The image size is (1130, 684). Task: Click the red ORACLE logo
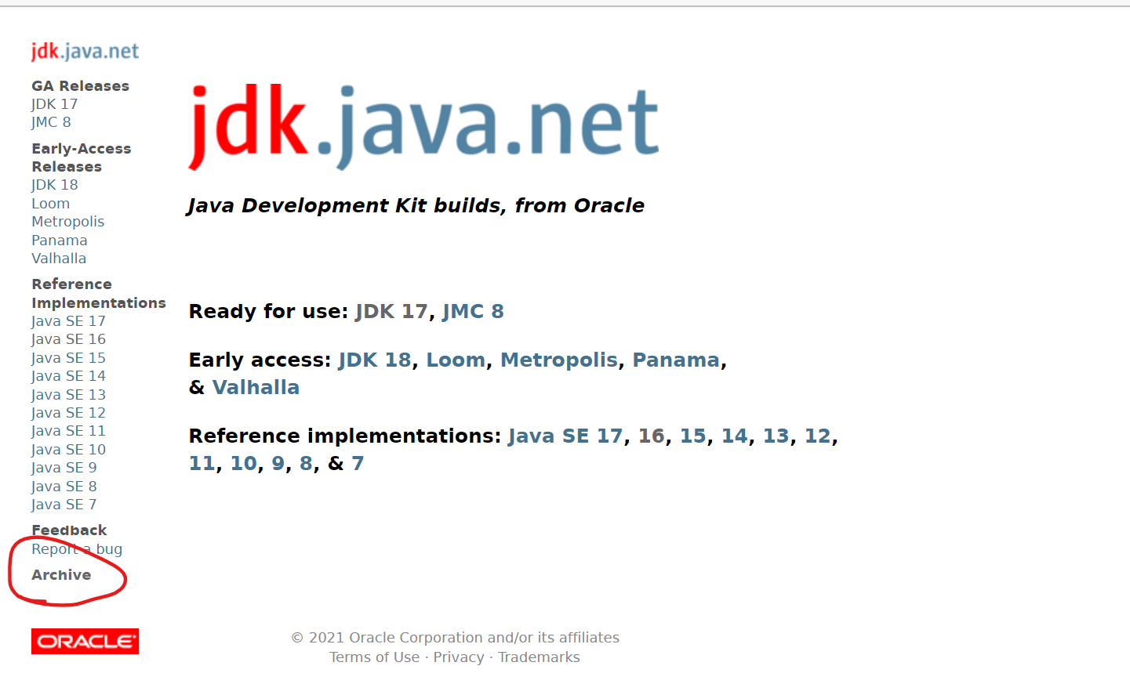[85, 641]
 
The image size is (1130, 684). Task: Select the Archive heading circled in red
[61, 575]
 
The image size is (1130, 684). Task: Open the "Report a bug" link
[77, 549]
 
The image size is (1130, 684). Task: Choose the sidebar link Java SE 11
[68, 432]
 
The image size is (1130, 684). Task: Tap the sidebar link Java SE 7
[64, 505]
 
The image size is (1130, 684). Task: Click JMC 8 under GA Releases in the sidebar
[51, 122]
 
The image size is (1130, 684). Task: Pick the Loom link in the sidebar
[50, 204]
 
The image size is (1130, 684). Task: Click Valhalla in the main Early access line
[256, 388]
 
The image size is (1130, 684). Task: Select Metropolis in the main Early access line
[559, 360]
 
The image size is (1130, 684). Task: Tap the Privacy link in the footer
[459, 657]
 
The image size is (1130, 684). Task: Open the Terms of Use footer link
[374, 657]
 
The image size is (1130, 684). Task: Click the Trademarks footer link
[539, 657]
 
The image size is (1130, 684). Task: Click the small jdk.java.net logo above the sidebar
[85, 52]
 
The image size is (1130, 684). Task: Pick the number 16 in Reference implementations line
[652, 436]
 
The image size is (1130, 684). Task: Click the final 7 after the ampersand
[358, 464]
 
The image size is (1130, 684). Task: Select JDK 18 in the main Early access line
[375, 360]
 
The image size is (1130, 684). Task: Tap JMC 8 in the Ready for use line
[473, 312]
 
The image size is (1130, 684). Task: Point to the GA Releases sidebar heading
[80, 86]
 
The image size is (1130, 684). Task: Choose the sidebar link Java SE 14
[68, 377]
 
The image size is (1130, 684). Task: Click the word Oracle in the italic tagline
[609, 205]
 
